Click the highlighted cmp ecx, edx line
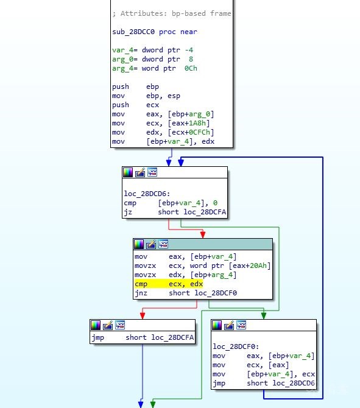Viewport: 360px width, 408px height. [169, 284]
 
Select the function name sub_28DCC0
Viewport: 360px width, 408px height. [133, 32]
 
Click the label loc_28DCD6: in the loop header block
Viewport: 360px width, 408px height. [147, 194]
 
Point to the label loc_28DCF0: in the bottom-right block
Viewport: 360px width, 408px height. [236, 346]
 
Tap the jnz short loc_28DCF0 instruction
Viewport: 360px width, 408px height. [186, 294]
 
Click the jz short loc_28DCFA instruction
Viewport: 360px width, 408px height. [175, 212]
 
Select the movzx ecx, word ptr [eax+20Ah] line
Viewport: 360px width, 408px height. [202, 266]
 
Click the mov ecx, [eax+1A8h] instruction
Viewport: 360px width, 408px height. [161, 123]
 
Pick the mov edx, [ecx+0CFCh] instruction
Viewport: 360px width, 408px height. [163, 132]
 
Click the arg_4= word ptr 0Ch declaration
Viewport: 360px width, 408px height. [155, 68]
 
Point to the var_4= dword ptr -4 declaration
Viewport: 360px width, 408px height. [152, 50]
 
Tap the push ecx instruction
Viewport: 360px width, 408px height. [135, 105]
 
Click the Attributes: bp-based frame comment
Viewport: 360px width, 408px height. [172, 13]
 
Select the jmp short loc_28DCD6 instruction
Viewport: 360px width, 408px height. [263, 383]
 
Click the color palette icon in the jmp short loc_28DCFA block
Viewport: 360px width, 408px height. [96, 325]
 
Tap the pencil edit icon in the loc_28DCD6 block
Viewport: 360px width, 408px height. [140, 172]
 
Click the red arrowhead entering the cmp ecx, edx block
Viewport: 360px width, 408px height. [203, 234]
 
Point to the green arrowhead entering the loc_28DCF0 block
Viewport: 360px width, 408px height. [264, 315]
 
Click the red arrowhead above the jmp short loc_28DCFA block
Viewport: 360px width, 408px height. [143, 315]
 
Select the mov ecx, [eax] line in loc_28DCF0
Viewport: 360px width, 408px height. [251, 365]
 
